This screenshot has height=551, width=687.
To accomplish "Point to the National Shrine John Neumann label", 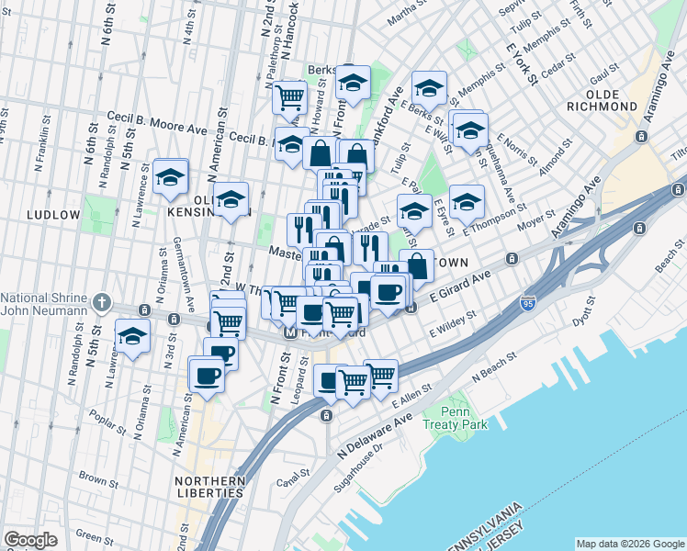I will coord(46,304).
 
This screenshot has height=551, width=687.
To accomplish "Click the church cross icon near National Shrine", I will coord(103,302).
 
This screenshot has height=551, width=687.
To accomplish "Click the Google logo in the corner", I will coord(31,540).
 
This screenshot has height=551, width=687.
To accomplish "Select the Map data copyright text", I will coord(629,543).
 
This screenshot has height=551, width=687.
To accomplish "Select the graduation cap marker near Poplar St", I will coord(132,336).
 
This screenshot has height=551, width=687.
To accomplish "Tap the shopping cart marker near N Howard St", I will coord(290,96).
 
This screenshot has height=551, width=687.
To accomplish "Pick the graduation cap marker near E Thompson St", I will coord(467,202).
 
